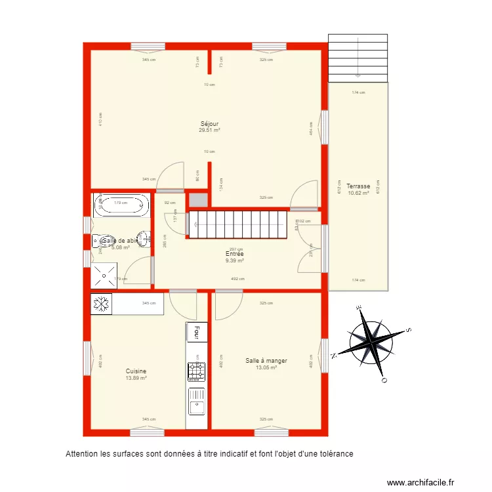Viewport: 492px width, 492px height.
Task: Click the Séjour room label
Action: (209, 123)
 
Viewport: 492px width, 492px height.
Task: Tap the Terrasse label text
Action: (358, 186)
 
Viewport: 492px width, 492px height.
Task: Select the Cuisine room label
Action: (136, 371)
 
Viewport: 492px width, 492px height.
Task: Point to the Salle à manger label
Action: (266, 360)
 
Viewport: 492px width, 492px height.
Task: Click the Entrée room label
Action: (235, 253)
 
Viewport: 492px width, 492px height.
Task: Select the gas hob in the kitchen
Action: (196, 371)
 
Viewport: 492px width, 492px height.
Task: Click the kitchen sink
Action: (196, 401)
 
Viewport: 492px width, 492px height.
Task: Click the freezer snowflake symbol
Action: (101, 304)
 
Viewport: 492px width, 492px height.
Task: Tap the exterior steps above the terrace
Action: (357, 58)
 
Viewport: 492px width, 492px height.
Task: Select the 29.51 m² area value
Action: (209, 131)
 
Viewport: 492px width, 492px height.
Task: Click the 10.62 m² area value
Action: (358, 193)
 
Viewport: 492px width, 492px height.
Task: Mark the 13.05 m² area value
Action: (266, 367)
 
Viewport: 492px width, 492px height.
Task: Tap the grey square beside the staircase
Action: (197, 201)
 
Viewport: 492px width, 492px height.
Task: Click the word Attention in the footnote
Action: (81, 454)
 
